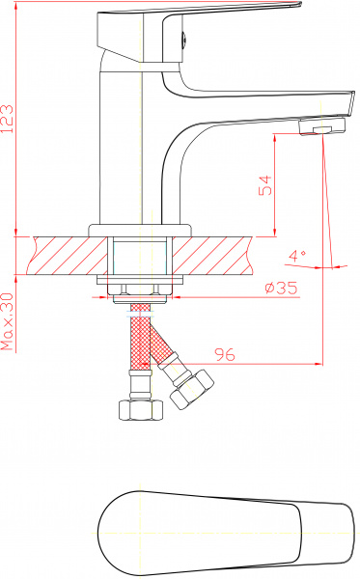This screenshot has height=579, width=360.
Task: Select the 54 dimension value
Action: (x=265, y=185)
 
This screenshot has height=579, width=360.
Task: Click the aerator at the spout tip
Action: (x=322, y=129)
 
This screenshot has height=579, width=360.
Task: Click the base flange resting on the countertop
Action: (x=141, y=230)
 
